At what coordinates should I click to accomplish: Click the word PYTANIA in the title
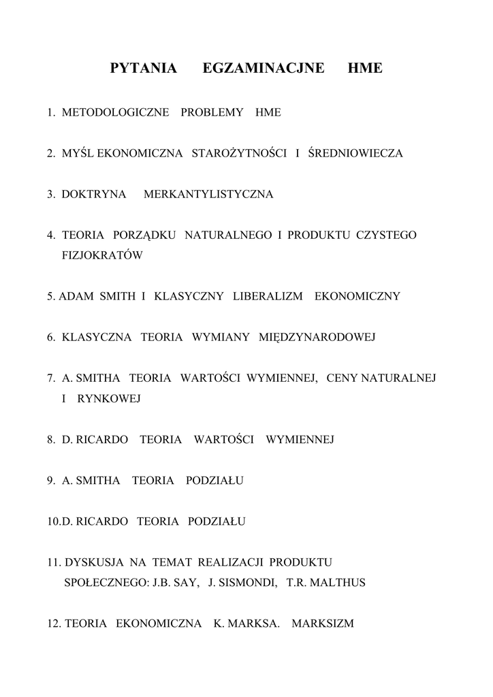point(143,68)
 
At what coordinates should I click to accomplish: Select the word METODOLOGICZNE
point(115,112)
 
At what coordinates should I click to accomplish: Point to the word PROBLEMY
point(212,112)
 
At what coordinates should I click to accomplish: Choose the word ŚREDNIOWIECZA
point(355,153)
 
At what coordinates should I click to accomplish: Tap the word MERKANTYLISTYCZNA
point(208,194)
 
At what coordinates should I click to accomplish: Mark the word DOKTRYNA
point(94,194)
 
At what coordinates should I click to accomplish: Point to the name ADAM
point(76,296)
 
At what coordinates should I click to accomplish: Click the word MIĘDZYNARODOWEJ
point(317,337)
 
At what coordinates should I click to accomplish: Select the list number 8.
point(50,440)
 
